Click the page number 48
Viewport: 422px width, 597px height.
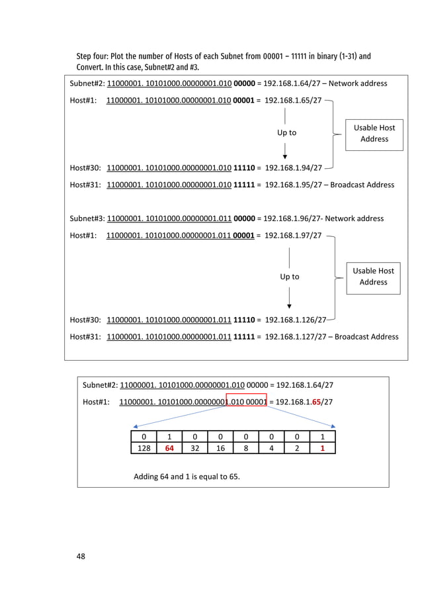point(81,555)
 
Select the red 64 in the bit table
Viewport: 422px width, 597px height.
point(169,448)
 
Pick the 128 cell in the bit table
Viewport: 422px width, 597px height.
point(140,448)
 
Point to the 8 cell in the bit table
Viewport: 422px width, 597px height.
point(245,448)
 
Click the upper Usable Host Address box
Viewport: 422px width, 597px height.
point(374,133)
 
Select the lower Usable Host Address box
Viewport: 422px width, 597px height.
point(373,276)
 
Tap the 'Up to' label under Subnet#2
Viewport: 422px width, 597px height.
point(286,132)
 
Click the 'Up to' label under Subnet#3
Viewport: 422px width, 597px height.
point(289,277)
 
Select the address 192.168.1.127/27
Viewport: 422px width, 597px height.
point(296,336)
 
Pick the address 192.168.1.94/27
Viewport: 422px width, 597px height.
point(293,167)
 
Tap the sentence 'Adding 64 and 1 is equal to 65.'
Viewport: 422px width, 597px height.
point(187,476)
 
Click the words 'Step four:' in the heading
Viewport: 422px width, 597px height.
point(95,56)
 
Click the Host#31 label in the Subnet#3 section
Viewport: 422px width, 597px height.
point(85,336)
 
